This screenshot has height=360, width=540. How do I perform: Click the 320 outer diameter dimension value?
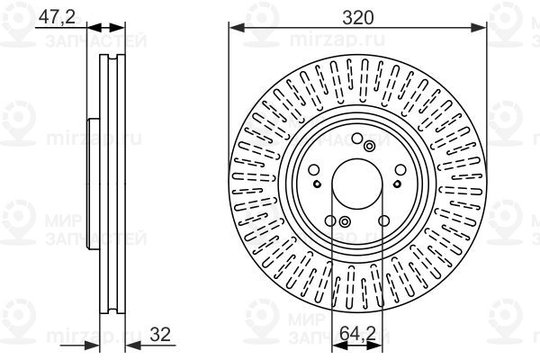358,18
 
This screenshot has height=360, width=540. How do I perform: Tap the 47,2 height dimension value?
57,16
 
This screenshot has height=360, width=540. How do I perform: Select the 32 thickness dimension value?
160,334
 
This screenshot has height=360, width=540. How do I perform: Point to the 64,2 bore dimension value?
357,333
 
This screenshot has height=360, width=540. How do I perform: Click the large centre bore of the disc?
357,184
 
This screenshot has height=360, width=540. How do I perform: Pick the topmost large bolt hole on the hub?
357,139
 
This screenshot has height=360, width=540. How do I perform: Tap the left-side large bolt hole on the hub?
314,170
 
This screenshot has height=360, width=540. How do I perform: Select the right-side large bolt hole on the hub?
400,170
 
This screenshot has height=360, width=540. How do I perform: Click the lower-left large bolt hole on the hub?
330,220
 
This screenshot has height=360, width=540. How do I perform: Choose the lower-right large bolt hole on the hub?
383,220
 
